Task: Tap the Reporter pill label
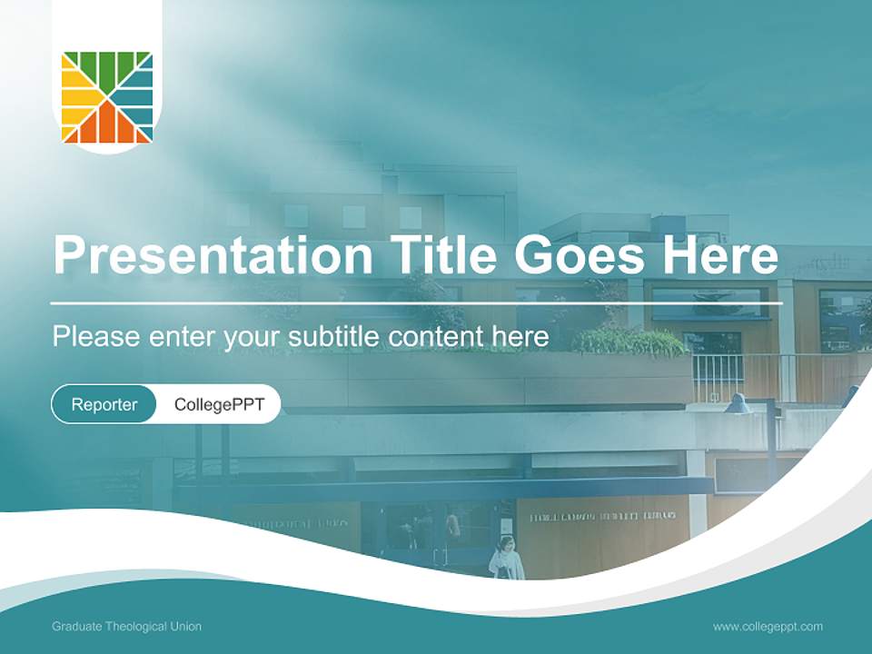click(104, 404)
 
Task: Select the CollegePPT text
click(219, 404)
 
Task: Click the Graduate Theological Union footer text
click(126, 627)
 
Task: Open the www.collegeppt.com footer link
click(768, 627)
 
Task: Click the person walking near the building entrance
click(507, 558)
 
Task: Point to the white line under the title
click(416, 303)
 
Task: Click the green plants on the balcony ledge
click(631, 342)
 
